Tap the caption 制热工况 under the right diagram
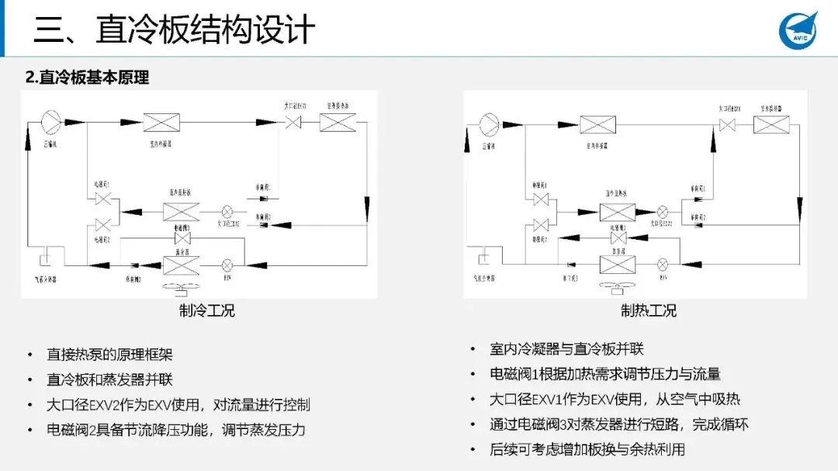(648, 310)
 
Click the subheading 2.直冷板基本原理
(87, 78)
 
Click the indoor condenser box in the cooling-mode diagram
(161, 123)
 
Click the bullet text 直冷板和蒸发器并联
(109, 379)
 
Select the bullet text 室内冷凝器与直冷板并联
(566, 349)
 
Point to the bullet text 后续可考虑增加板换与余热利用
(587, 449)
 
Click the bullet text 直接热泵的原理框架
(109, 355)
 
